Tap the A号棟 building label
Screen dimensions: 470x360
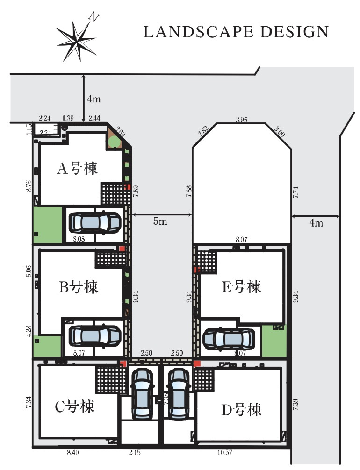click(78, 168)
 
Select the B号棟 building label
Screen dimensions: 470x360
click(78, 287)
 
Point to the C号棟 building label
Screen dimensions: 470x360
click(75, 406)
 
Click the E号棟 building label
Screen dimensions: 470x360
click(241, 286)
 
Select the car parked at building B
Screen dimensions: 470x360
click(95, 335)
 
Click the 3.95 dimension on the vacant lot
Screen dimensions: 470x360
click(241, 120)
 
